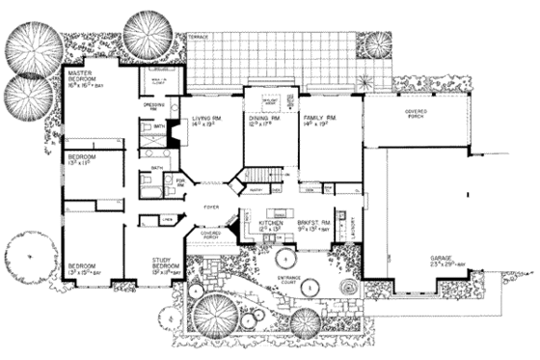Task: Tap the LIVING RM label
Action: (206, 120)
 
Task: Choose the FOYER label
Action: (211, 206)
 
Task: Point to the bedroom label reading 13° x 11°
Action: (83, 160)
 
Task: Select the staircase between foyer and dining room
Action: (261, 175)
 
